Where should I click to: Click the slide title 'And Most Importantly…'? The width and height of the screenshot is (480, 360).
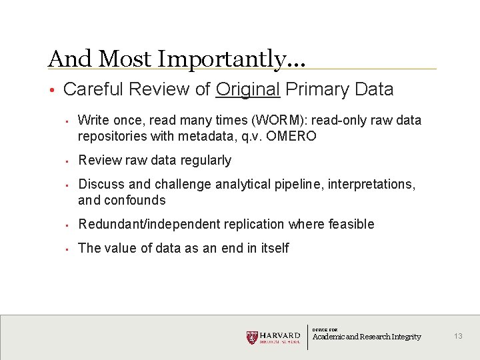[176, 59]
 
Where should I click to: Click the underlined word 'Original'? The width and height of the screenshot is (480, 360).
[247, 89]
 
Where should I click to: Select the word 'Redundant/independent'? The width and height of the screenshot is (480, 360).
[144, 224]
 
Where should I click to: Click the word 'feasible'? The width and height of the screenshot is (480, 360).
[351, 224]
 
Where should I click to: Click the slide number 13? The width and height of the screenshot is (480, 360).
[458, 336]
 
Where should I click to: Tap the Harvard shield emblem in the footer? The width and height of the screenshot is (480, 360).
[251, 337]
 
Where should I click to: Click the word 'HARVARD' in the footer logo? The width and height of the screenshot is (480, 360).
[279, 335]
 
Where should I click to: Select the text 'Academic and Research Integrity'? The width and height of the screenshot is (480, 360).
[367, 337]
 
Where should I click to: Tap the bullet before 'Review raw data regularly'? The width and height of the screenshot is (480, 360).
[67, 161]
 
